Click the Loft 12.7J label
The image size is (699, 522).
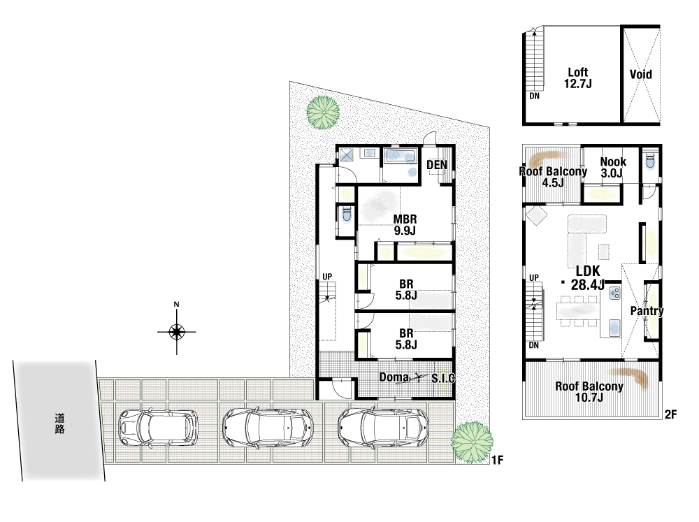pyautogui.click(x=578, y=78)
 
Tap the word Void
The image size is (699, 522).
pyautogui.click(x=640, y=74)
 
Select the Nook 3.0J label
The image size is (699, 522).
pyautogui.click(x=613, y=168)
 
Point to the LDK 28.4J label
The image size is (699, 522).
pyautogui.click(x=588, y=277)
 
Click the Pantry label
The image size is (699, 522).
pyautogui.click(x=647, y=311)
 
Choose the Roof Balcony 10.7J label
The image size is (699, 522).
pyautogui.click(x=589, y=392)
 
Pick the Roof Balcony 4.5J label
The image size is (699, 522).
pyautogui.click(x=553, y=177)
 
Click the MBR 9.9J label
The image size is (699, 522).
pyautogui.click(x=405, y=225)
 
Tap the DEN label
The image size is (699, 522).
pyautogui.click(x=437, y=165)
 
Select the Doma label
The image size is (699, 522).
pyautogui.click(x=394, y=377)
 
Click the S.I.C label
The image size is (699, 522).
pyautogui.click(x=443, y=379)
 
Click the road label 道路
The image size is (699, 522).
pyautogui.click(x=59, y=423)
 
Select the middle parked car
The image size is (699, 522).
pyautogui.click(x=268, y=428)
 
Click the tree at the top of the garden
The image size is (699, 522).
pyautogui.click(x=322, y=113)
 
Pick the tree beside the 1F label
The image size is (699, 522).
pyautogui.click(x=472, y=443)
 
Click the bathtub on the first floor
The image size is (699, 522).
pyautogui.click(x=401, y=156)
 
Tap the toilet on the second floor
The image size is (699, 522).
pyautogui.click(x=650, y=161)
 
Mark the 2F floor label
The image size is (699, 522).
pyautogui.click(x=671, y=414)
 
